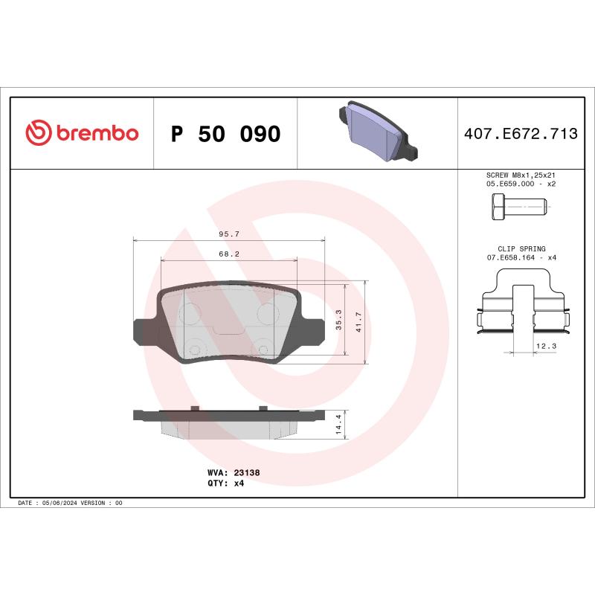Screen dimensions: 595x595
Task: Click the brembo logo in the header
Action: (82, 133)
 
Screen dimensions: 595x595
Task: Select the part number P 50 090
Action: (225, 135)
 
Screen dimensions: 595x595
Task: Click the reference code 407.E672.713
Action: (521, 135)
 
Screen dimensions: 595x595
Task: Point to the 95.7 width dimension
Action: (228, 234)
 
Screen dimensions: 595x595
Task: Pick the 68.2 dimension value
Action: (228, 254)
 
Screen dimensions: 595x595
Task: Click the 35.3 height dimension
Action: (338, 320)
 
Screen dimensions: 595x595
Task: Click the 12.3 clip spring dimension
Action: (545, 346)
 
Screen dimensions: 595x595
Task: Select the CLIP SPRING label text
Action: (521, 248)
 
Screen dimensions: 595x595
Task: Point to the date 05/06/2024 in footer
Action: (64, 504)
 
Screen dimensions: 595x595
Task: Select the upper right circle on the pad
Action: (266, 313)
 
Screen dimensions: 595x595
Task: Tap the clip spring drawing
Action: (521, 312)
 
